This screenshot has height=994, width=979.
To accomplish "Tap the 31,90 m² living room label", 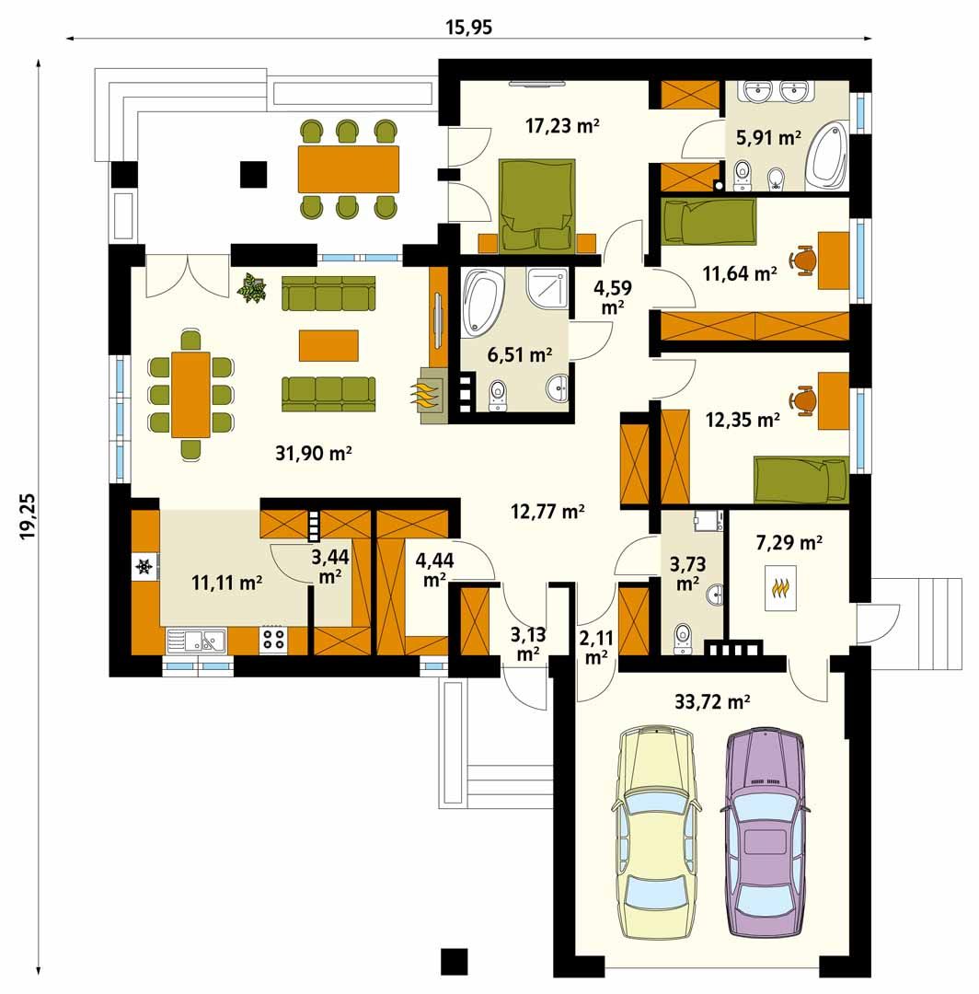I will click(315, 452).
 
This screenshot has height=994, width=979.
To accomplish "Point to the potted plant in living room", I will click(250, 289).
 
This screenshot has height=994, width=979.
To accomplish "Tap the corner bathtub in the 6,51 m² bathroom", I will click(483, 299).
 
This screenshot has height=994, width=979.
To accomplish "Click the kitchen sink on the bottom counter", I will click(198, 639).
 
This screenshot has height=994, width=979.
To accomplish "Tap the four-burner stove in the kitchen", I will click(273, 639).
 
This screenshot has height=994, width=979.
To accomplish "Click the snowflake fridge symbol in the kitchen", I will click(144, 567).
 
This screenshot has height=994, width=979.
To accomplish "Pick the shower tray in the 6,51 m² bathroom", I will click(547, 293).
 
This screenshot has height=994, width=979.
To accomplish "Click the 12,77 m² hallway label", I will click(548, 512).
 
